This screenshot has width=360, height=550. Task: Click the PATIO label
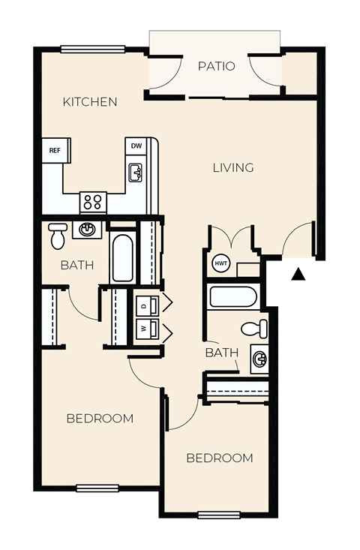click(x=216, y=66)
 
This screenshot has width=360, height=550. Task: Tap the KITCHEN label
click(x=90, y=101)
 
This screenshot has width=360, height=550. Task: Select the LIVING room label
click(x=232, y=167)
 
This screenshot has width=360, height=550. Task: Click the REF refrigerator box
click(x=55, y=150)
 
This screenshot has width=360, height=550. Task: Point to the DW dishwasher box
click(x=136, y=146)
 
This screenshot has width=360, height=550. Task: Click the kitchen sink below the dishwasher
click(x=136, y=173)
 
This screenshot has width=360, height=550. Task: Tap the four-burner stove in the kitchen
click(x=93, y=202)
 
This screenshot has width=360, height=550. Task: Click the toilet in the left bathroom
click(x=58, y=236)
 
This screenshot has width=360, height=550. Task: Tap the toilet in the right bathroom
click(x=255, y=328)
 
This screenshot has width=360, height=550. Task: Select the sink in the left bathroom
click(x=87, y=229)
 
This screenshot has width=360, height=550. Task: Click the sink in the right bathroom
click(x=259, y=359)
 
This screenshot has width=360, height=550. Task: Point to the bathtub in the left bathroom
click(x=122, y=257)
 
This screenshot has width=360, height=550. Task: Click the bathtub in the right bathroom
click(x=233, y=296)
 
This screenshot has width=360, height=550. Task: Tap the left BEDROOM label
click(x=100, y=418)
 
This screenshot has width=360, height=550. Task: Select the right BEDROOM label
click(x=220, y=458)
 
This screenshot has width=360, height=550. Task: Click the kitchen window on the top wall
click(x=93, y=50)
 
